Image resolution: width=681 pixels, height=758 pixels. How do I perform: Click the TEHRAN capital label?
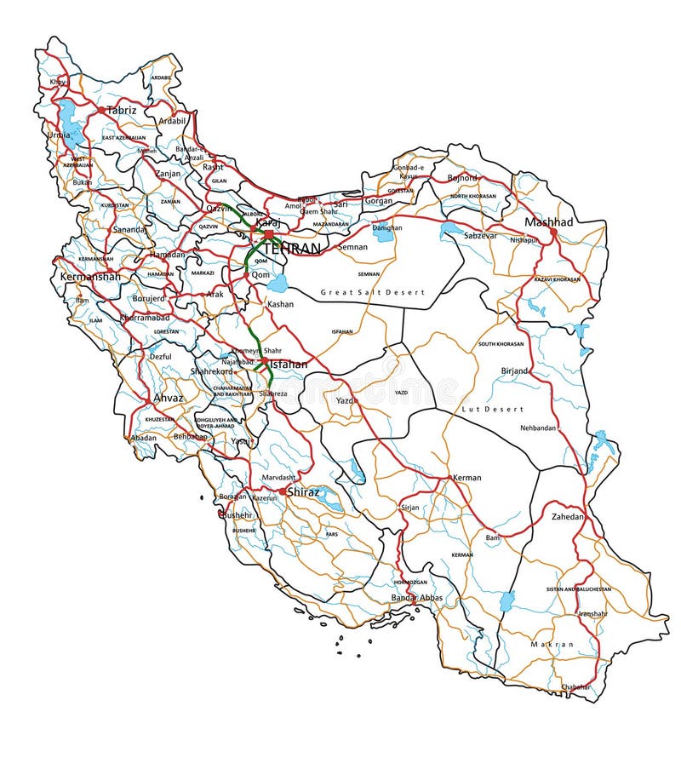click(292, 249)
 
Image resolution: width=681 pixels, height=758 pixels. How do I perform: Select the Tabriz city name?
click(121, 110)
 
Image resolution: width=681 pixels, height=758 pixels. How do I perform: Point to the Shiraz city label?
click(303, 491)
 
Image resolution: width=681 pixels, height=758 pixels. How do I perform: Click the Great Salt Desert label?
click(372, 292)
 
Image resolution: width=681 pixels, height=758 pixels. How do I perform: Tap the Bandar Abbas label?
click(417, 598)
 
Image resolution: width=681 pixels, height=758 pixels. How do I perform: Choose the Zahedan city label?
click(568, 516)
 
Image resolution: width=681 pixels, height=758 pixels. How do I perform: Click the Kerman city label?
click(467, 478)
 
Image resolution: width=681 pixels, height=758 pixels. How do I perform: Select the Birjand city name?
click(514, 370)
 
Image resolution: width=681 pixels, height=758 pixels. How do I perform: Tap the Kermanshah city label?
click(90, 277)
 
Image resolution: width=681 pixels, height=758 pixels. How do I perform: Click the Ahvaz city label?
click(168, 397)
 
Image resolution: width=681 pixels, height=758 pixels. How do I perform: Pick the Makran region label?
click(552, 644)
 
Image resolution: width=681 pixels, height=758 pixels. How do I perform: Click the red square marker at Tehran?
click(268, 233)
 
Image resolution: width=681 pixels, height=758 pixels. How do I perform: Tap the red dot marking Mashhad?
click(553, 231)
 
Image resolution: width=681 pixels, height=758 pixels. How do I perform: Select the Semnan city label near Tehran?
click(352, 246)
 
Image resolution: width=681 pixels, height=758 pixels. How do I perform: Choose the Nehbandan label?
click(539, 428)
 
